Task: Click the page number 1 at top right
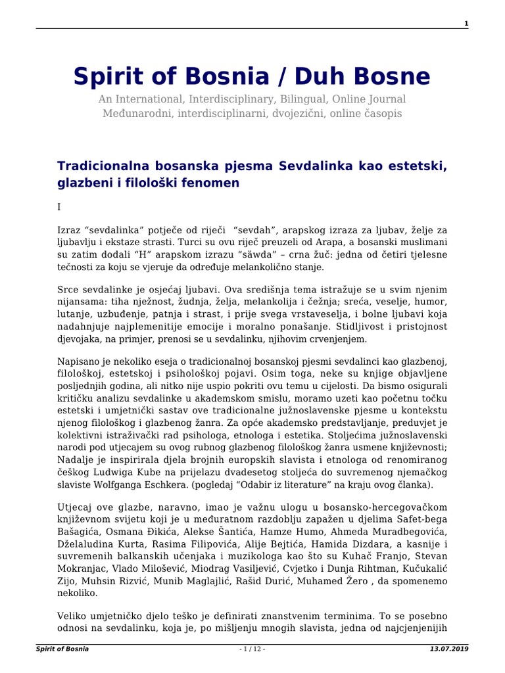point(466,24)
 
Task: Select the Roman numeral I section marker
point(59,207)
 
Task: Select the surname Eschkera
point(189,486)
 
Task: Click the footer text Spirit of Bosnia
point(62,649)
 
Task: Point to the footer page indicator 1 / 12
point(252,649)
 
